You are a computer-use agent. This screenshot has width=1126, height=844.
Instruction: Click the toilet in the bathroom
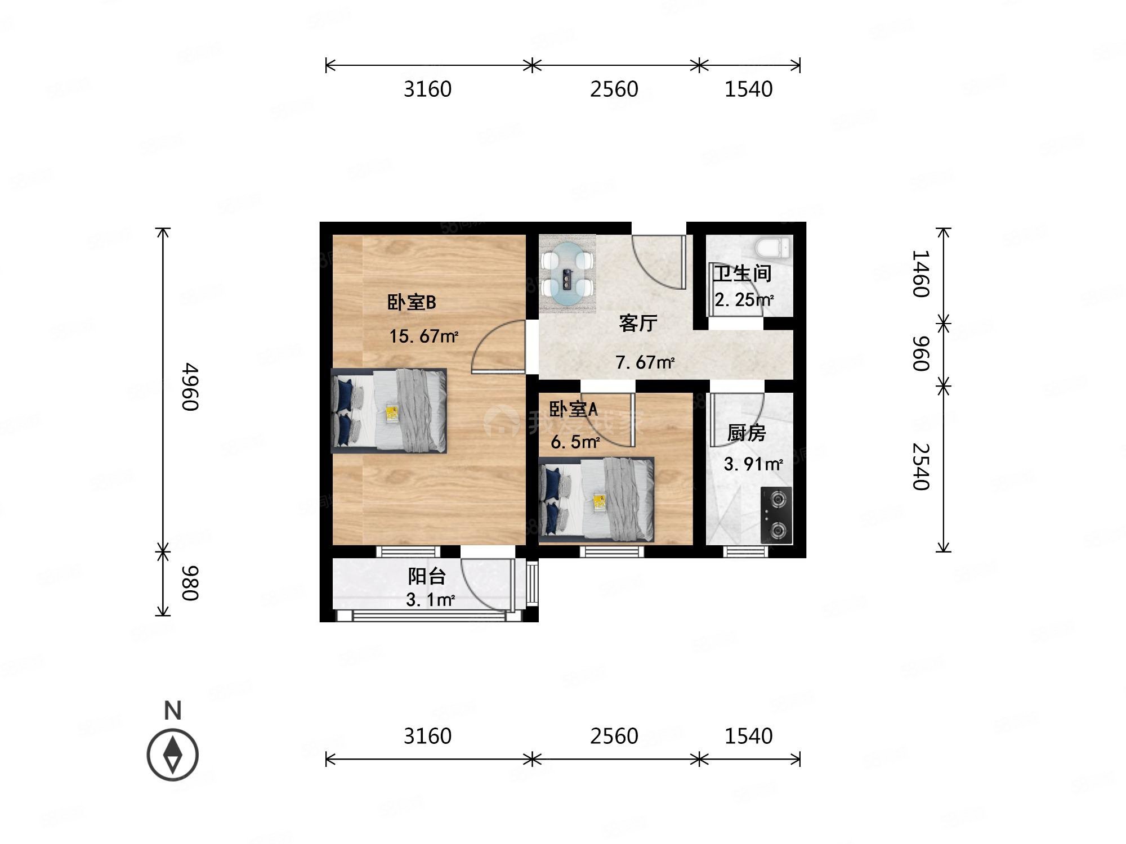click(773, 247)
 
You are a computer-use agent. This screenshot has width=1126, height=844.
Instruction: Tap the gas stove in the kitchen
click(776, 515)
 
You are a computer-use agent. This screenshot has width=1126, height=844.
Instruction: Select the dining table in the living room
click(567, 274)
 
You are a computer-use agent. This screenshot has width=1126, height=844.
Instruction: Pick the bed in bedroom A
click(596, 500)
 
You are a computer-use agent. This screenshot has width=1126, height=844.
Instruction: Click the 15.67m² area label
click(423, 336)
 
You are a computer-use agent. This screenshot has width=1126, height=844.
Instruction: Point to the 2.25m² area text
click(743, 300)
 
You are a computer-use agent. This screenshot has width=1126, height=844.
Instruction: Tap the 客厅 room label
click(638, 323)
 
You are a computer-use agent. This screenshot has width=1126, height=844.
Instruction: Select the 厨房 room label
click(746, 433)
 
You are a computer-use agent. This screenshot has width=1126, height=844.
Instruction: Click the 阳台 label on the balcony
click(427, 576)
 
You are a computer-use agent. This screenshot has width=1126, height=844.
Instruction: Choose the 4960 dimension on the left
click(190, 387)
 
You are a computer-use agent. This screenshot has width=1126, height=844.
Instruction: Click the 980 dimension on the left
click(190, 583)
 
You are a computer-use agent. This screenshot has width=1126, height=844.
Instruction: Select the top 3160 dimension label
click(427, 89)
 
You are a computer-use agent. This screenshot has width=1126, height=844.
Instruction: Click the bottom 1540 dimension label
click(748, 736)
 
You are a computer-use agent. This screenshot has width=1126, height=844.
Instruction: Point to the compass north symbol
click(173, 755)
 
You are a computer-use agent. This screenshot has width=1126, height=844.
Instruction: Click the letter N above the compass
click(173, 711)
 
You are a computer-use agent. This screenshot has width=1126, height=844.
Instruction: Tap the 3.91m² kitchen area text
click(753, 464)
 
